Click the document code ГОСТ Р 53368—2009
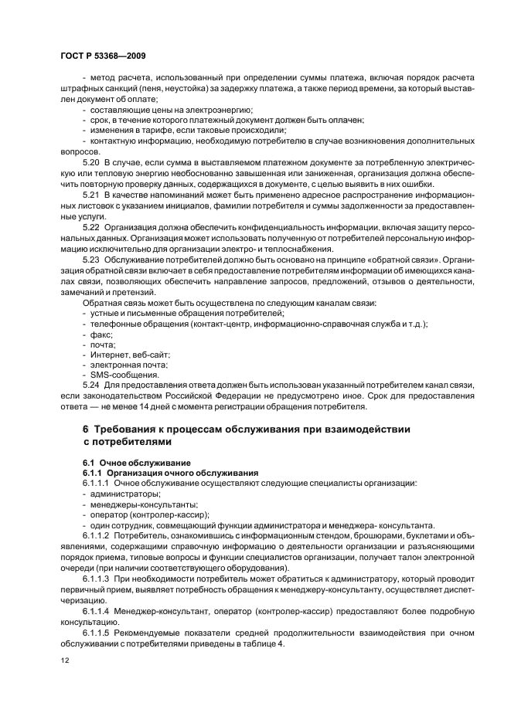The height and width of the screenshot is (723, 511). pyautogui.click(x=103, y=56)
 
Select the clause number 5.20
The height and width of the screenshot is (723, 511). pyautogui.click(x=92, y=165)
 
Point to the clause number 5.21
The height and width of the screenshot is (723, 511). pyautogui.click(x=92, y=197)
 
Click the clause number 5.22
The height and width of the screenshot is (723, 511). pyautogui.click(x=92, y=229)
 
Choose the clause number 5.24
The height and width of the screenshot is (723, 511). pyautogui.click(x=92, y=385)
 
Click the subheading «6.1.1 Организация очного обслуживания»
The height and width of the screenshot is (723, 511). pyautogui.click(x=159, y=472)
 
